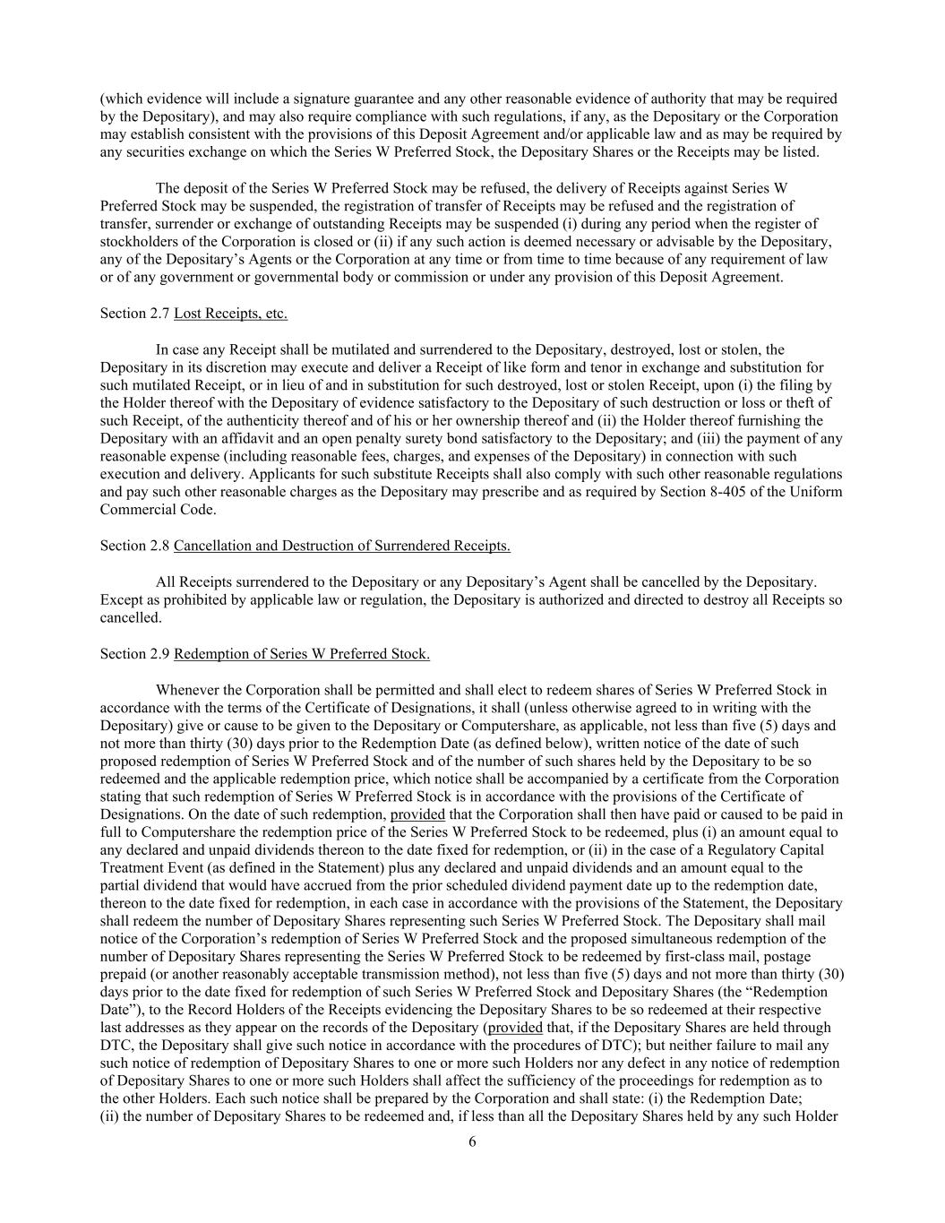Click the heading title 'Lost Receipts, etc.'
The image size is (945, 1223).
(230, 314)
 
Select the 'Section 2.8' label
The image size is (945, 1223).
(134, 547)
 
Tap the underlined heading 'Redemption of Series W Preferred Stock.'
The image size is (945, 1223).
(302, 654)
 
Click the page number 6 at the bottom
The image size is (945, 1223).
(472, 1141)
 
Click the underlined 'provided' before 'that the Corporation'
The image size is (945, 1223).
(417, 814)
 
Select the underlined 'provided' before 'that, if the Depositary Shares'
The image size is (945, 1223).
(515, 1028)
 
